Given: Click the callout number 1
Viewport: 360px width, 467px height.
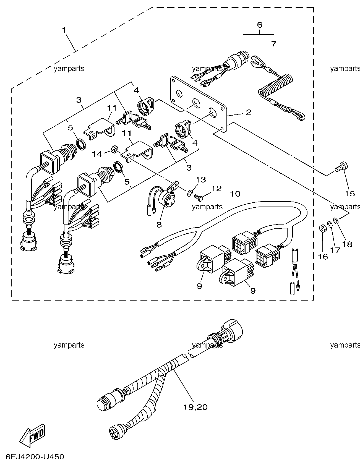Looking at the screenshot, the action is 64,30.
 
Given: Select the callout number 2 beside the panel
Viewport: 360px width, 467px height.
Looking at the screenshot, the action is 248,112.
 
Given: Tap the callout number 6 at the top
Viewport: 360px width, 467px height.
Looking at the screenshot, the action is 259,25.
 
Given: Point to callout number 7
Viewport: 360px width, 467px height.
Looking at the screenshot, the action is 274,43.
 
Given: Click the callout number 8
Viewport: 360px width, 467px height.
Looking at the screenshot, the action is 159,225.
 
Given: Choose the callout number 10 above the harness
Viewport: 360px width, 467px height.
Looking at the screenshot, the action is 235,194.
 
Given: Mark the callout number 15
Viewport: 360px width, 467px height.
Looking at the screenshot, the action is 350,194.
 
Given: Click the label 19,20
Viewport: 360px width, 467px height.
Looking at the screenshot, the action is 195,407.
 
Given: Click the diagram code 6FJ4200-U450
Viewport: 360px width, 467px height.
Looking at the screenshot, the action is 34,457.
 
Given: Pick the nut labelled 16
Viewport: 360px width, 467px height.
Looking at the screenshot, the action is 322,228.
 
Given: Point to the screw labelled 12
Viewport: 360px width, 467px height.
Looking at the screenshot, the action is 199,197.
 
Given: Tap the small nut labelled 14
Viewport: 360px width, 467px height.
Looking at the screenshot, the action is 113,149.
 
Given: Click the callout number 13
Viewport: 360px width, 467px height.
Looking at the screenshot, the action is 201,180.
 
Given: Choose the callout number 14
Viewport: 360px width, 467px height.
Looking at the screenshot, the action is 97,154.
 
